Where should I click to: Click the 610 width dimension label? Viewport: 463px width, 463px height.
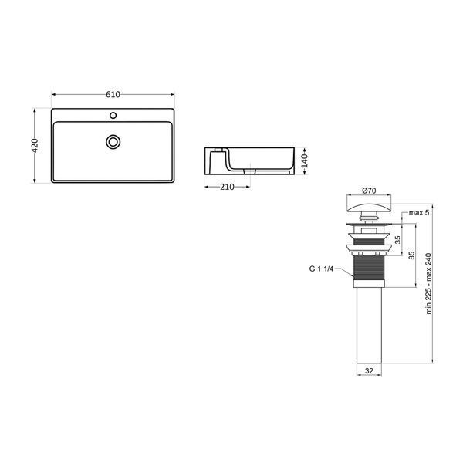pos(113,94)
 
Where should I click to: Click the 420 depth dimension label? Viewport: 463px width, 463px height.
pos(35,145)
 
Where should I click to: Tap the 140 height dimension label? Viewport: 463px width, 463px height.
pos(305,161)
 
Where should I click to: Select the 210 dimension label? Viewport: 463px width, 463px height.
pos(227,187)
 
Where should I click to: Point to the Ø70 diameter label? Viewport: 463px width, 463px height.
pos(369,191)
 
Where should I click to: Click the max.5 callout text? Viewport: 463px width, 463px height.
pos(419,213)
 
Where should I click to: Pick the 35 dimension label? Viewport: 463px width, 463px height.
pos(398,239)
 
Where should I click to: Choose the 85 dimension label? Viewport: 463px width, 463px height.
pos(411,255)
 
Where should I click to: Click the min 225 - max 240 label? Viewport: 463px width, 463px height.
pos(429,283)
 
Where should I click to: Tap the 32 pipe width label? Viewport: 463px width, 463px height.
pos(369,371)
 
